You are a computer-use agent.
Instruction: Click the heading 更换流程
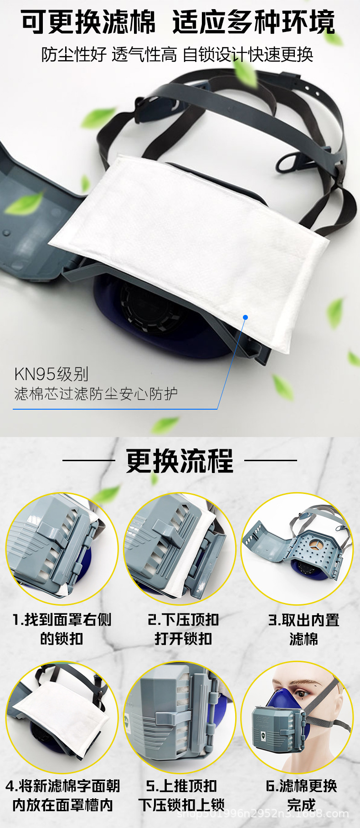(180, 461)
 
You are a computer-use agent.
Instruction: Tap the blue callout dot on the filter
(245, 317)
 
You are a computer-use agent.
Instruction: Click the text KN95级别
(51, 374)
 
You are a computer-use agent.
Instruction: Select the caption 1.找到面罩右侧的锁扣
(62, 629)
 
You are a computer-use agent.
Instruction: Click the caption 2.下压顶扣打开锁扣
(183, 629)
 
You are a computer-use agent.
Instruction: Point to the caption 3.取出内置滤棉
(303, 629)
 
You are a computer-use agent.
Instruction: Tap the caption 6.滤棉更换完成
(301, 795)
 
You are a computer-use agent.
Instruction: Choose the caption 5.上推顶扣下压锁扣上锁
(181, 795)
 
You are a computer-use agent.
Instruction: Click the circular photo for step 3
(297, 549)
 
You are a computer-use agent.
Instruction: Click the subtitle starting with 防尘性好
(177, 55)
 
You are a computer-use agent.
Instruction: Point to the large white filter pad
(191, 237)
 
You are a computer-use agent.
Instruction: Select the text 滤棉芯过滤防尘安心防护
(96, 393)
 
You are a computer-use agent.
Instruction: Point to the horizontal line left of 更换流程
(88, 460)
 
